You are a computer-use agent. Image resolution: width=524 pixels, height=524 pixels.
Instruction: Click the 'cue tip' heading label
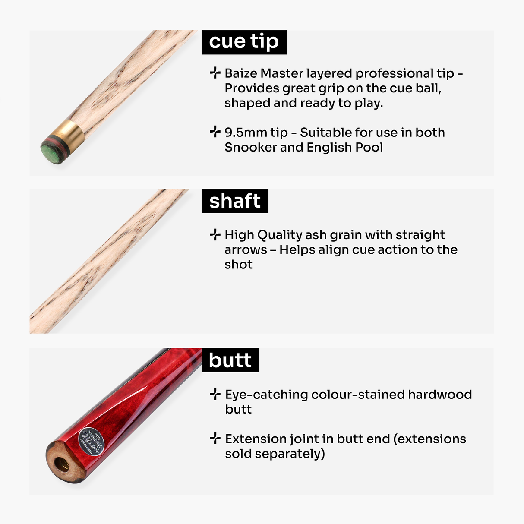(244, 42)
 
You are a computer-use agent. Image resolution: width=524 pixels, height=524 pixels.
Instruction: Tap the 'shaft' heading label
(235, 201)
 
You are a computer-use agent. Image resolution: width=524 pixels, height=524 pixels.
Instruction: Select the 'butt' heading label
(230, 360)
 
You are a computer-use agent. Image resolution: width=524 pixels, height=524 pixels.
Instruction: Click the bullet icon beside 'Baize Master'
(215, 73)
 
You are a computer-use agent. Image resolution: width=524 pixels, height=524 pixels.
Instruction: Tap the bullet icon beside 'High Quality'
(215, 235)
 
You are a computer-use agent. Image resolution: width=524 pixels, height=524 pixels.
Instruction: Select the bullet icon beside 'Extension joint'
(215, 439)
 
